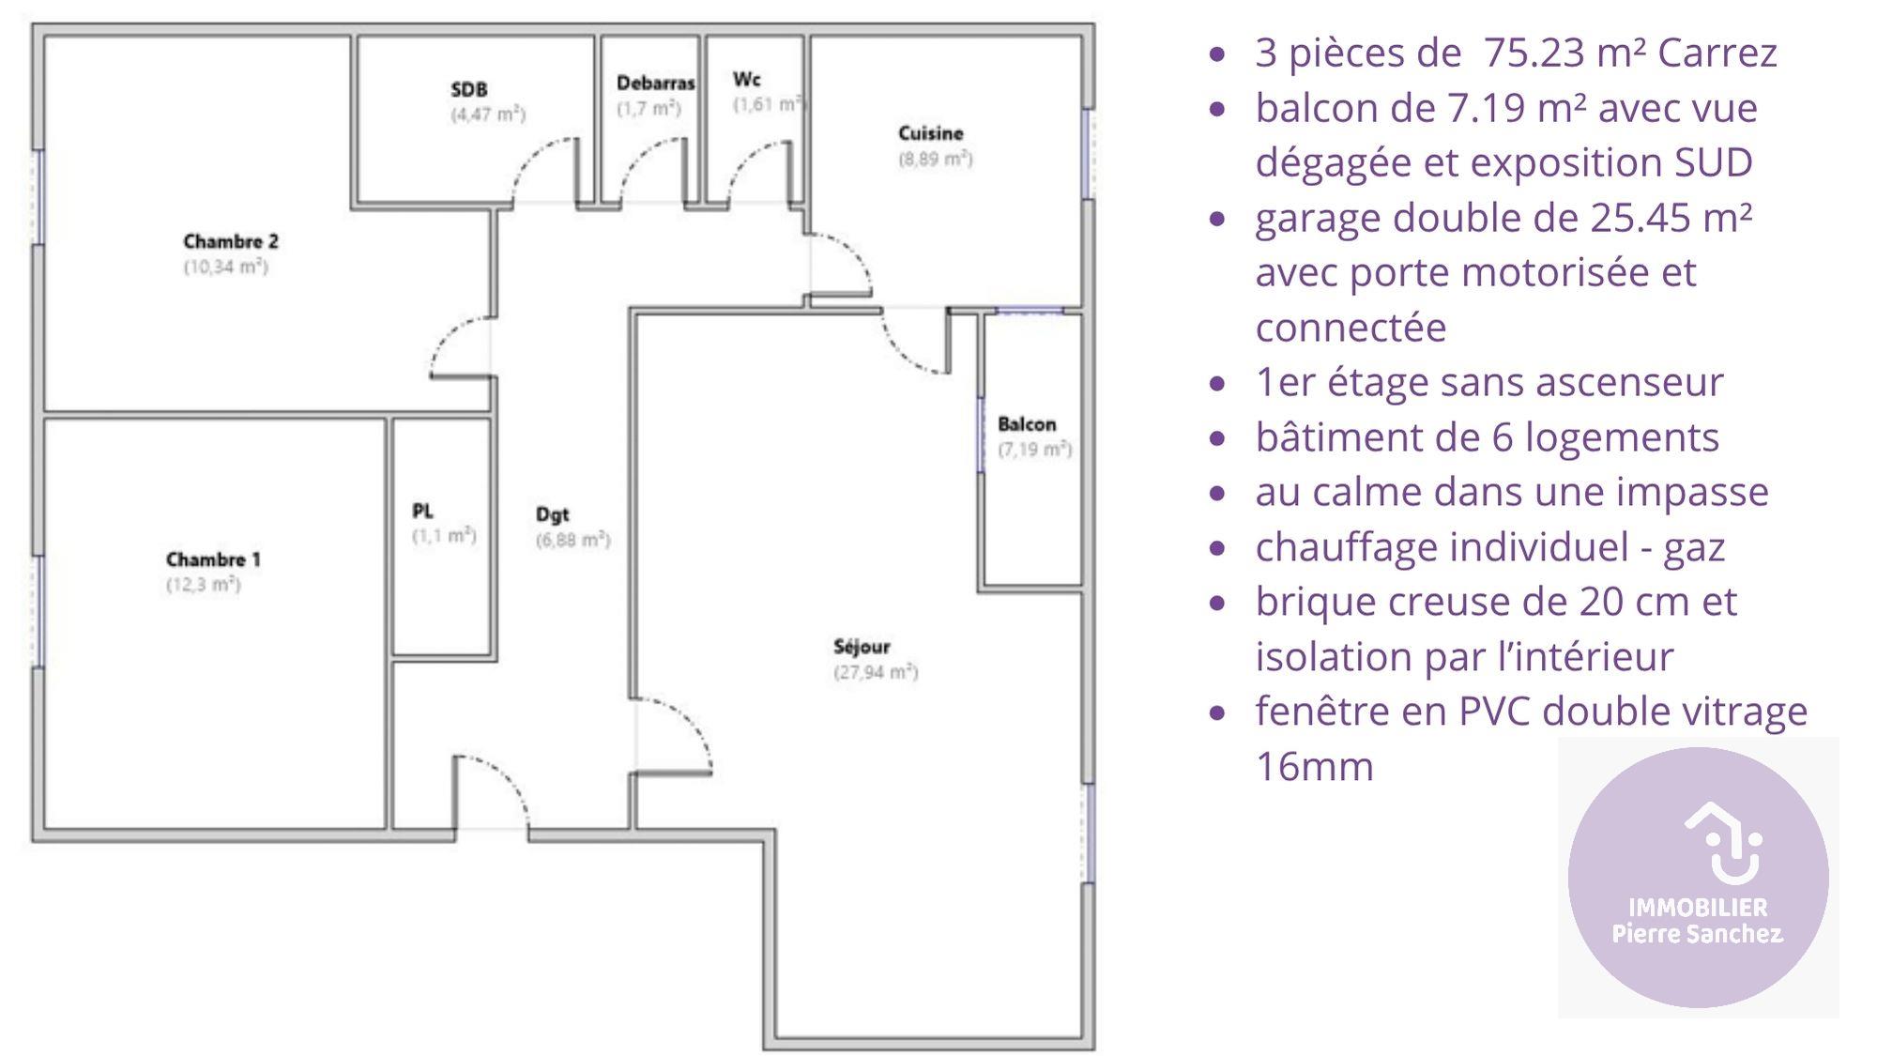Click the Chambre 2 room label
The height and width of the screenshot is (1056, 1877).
[231, 241]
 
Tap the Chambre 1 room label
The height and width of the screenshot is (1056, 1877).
[213, 559]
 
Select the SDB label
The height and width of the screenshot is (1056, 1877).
[469, 89]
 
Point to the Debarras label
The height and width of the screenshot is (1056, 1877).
[655, 83]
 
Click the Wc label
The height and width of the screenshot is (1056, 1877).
[746, 79]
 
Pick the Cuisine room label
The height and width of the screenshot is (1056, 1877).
[930, 133]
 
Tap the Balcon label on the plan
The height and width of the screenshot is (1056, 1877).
[1027, 424]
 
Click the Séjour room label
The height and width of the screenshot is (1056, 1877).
[862, 647]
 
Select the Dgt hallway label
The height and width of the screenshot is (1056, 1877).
[552, 514]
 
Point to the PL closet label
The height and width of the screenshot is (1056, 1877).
[422, 511]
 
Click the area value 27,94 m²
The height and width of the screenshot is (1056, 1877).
[876, 672]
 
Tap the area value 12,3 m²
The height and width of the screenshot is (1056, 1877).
[204, 585]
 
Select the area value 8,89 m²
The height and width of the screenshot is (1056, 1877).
[936, 159]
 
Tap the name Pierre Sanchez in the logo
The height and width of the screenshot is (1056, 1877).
[1697, 934]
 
